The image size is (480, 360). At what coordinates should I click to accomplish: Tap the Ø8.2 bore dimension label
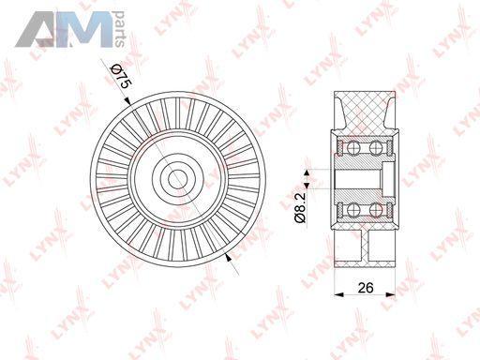pos(299,207)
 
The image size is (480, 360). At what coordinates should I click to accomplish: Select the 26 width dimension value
pos(366,287)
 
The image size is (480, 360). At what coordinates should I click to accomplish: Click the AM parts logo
pos(70,29)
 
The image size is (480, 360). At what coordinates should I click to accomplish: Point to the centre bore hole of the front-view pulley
pos(178,179)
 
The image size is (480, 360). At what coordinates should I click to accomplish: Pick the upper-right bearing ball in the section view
pos(376,147)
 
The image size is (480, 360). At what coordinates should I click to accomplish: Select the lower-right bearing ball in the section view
pos(376,210)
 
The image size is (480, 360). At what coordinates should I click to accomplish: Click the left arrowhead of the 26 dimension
pos(338,294)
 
